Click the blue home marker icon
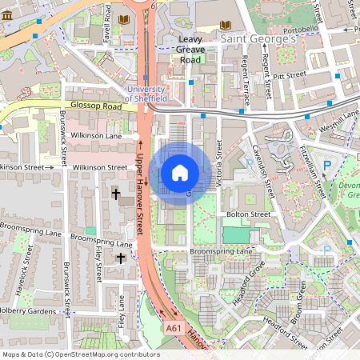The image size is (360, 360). click(180, 173)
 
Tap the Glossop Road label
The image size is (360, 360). click(95, 106)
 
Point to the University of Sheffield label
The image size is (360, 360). click(146, 93)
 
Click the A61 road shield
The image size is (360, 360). click(174, 328)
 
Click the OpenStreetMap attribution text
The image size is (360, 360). click(81, 354)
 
